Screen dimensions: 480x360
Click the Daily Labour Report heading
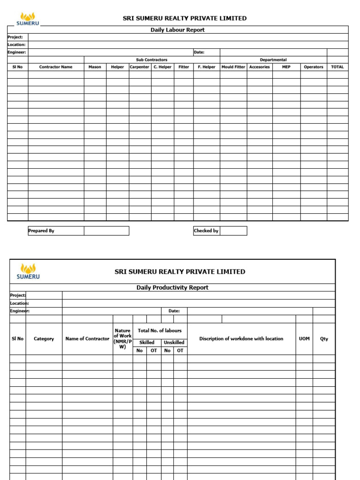(x=177, y=30)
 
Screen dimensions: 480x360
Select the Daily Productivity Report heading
(x=172, y=288)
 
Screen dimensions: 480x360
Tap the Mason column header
(x=95, y=67)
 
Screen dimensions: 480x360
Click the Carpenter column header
(x=140, y=67)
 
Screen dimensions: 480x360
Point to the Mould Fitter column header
(x=233, y=67)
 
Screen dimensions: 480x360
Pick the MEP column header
(x=286, y=67)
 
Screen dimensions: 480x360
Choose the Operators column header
(x=313, y=67)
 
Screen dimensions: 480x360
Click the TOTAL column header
(x=337, y=67)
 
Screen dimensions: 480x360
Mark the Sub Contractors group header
(x=151, y=60)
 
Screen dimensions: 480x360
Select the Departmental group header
(x=273, y=60)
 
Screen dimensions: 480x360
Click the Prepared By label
(x=41, y=231)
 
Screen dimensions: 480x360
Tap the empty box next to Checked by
(x=233, y=231)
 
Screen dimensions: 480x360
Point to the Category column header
(x=44, y=339)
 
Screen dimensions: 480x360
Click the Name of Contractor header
(x=87, y=339)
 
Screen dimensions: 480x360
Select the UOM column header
(x=304, y=339)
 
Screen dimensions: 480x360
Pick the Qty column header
(x=324, y=339)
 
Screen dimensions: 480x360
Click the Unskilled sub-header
(x=174, y=343)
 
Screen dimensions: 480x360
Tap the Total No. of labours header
(x=159, y=331)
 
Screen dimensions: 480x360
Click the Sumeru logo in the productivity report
(x=28, y=271)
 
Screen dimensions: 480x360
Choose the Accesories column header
(x=259, y=67)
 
